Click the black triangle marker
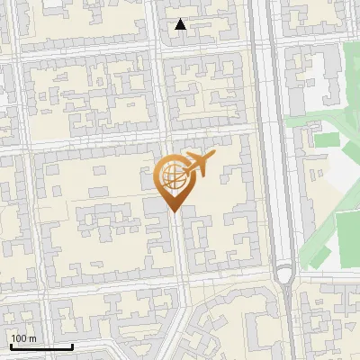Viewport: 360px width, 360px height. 181,24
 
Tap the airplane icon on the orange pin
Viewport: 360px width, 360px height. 199,164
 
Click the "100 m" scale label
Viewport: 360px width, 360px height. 23,338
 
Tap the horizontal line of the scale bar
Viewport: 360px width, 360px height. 41,346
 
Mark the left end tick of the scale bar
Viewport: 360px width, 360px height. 11,345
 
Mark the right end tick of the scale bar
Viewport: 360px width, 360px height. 72,345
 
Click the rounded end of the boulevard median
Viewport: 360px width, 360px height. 284,274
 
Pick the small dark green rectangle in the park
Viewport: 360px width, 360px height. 326,140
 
